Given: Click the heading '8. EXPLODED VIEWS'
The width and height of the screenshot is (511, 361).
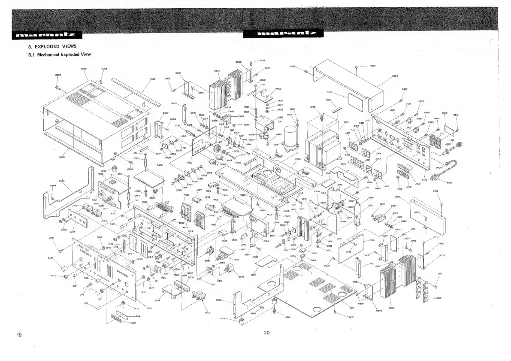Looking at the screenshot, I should click(47, 46).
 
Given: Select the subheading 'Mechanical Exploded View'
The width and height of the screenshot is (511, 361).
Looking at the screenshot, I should click(59, 55).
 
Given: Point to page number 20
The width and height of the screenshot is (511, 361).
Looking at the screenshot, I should click(266, 332).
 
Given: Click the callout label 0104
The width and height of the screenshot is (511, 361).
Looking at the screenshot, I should click(149, 308).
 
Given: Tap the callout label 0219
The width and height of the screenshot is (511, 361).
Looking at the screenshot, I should click(289, 317).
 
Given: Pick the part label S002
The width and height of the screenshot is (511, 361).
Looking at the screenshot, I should click(208, 312).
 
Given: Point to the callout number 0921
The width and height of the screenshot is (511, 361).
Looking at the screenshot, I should click(397, 197).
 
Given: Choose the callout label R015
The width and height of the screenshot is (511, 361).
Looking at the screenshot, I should click(236, 259).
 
